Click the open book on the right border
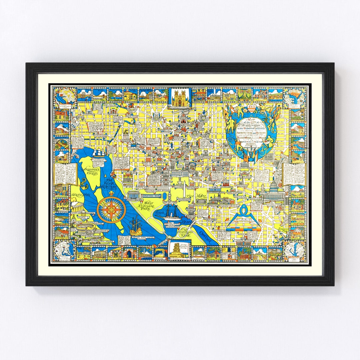click(294, 173)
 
